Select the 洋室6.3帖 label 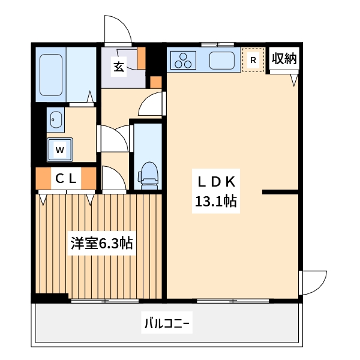(101, 244)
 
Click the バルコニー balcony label (166, 325)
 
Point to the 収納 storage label (284, 58)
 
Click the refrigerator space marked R (253, 60)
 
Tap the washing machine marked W (60, 149)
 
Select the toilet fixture (148, 173)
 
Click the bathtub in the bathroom (52, 74)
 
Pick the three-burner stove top (184, 60)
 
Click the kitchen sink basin (222, 60)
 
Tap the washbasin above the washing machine (56, 121)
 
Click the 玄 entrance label (119, 67)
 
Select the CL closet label (66, 178)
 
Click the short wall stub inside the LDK (280, 192)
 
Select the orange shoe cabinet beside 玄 (142, 58)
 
